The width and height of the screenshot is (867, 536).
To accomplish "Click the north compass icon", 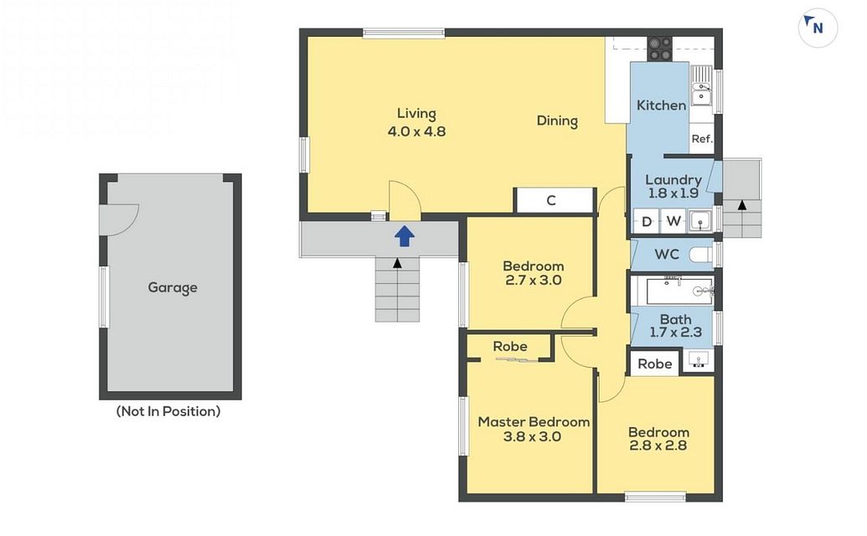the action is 818,27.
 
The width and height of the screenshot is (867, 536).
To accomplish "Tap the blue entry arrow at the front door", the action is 405,236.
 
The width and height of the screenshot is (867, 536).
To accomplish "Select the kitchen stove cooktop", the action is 659,49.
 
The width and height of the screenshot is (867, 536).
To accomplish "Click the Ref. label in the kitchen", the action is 702,139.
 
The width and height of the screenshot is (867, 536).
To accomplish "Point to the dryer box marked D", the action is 647,222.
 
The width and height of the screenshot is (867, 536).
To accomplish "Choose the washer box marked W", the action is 673,221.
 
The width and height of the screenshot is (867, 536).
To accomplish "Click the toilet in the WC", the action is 702,255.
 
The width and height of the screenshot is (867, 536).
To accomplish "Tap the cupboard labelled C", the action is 554,200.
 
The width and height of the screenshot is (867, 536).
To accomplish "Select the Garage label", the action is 173,288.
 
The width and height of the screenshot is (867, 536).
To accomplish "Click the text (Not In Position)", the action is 168,411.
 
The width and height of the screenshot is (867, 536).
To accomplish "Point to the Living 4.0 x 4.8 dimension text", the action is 416,131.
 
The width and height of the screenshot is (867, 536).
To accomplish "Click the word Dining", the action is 557,121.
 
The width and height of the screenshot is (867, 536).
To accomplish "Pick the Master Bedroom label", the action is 534,422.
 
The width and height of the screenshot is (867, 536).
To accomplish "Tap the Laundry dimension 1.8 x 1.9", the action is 673,193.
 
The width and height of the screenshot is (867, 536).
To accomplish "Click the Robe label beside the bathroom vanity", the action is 655,364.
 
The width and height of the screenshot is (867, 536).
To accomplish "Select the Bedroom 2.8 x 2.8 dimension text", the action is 658,446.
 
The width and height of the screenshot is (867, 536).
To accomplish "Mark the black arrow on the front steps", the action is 397,263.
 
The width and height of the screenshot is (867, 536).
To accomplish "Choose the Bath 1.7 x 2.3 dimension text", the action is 675,332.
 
